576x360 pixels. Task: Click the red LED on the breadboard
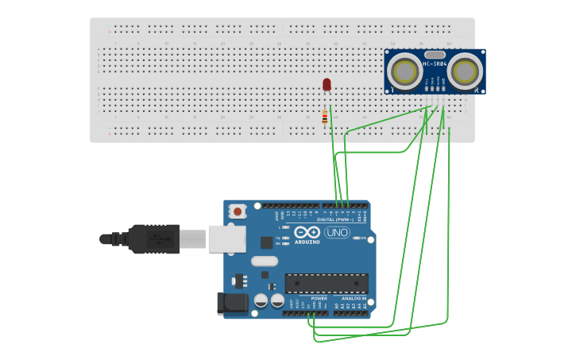point(327,84)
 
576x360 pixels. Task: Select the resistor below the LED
point(324,118)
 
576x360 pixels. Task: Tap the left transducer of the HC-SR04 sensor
point(408,70)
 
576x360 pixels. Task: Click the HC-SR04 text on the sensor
point(434,64)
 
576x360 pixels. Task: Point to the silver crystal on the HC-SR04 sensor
point(435,54)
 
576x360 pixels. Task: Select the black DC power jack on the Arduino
point(230,302)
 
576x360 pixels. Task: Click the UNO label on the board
point(337,233)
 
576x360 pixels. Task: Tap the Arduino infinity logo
point(307,233)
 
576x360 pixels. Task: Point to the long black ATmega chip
point(327,283)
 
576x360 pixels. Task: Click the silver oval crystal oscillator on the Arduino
point(265,261)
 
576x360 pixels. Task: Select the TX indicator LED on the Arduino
point(285,238)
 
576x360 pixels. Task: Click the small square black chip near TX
point(266,242)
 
